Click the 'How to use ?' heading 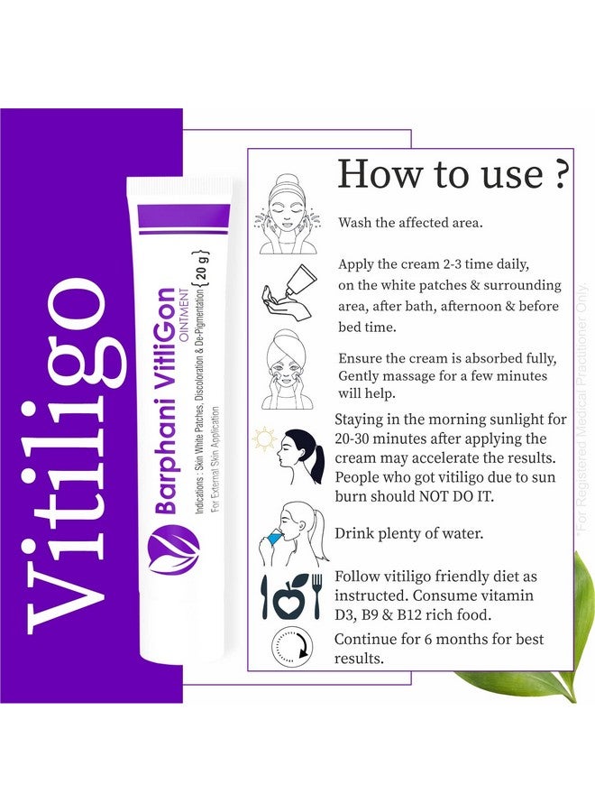[x=453, y=174]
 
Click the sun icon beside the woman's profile [x=263, y=440]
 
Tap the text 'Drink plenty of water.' [x=409, y=533]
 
